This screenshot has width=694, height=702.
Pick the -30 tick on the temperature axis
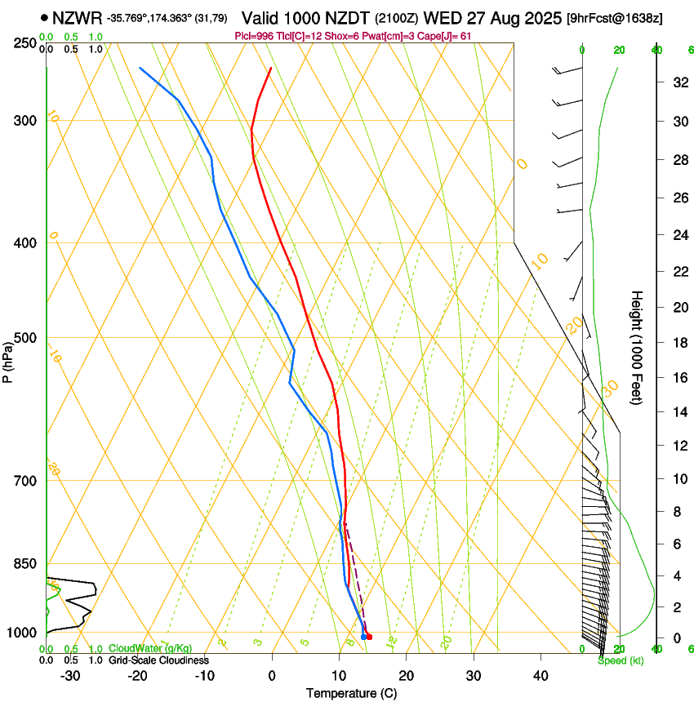(70, 675)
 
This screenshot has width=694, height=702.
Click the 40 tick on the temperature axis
(541, 675)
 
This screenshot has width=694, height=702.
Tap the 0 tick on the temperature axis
(272, 675)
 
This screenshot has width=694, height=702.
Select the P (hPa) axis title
(7, 357)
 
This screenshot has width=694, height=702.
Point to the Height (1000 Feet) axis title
(637, 347)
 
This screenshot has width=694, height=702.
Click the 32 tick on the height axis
(678, 82)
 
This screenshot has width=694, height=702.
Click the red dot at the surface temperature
(369, 637)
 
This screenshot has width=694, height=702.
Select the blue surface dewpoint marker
(363, 637)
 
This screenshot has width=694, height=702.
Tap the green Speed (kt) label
(621, 660)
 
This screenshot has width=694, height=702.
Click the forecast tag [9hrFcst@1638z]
(626, 18)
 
